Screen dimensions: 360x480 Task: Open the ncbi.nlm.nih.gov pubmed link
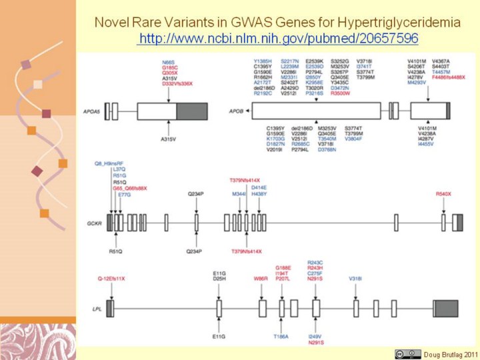[x=277, y=39]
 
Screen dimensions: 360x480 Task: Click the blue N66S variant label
[x=169, y=60]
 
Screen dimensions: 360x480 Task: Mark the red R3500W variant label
[x=340, y=94]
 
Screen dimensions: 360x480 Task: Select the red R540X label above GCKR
[x=443, y=193]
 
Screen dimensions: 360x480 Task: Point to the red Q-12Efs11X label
[x=111, y=277]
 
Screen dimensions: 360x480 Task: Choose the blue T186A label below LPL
[x=281, y=337]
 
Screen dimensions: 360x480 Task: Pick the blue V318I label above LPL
[x=355, y=279]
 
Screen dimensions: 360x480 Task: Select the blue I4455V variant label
[x=425, y=143]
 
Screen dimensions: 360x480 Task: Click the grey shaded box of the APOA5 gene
[x=192, y=111]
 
